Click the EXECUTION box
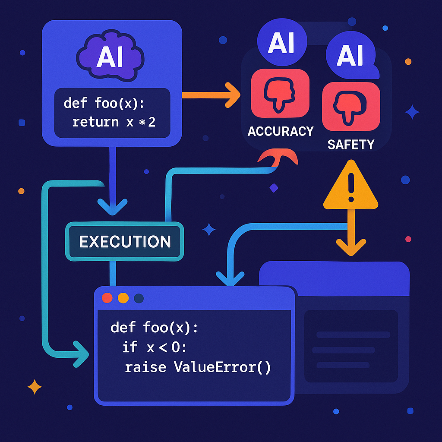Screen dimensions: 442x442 pyautogui.click(x=125, y=242)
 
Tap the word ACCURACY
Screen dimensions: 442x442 pyautogui.click(x=280, y=131)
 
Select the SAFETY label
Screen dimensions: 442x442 pyautogui.click(x=350, y=144)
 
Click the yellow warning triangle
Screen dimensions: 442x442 pyautogui.click(x=350, y=186)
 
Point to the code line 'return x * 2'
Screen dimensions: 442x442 pyautogui.click(x=114, y=122)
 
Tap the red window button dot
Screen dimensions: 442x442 pyautogui.click(x=107, y=298)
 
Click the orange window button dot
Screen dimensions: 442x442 pyautogui.click(x=123, y=298)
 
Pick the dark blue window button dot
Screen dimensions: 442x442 pyautogui.click(x=139, y=298)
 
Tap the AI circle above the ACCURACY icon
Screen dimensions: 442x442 pyautogui.click(x=281, y=43)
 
